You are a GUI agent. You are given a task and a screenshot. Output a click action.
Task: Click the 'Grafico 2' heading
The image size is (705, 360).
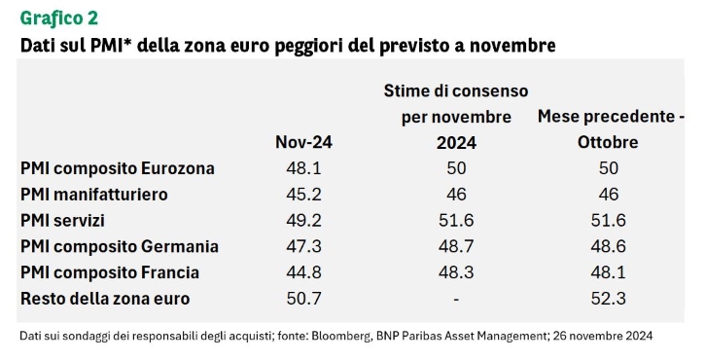59,18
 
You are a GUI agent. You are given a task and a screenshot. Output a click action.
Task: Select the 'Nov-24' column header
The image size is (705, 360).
303,142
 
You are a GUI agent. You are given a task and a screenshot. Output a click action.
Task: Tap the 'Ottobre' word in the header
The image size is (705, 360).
608,142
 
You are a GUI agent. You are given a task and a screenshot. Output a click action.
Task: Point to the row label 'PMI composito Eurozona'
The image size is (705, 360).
118,168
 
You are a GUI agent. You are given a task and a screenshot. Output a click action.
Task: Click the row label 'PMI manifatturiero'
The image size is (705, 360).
94,195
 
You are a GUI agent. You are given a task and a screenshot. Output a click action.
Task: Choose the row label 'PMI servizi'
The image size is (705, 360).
62,221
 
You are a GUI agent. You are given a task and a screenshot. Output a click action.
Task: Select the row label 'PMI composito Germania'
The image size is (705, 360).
120,246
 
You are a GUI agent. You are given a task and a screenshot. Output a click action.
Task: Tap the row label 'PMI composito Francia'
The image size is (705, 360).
110,272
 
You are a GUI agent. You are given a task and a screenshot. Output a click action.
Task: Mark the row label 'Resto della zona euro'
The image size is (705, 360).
105,299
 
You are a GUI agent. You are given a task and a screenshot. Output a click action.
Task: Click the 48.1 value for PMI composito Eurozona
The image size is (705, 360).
303,168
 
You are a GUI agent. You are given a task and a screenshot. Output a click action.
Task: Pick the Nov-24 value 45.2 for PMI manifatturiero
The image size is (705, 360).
303,195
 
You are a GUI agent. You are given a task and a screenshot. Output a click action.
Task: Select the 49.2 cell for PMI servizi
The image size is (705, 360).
303,221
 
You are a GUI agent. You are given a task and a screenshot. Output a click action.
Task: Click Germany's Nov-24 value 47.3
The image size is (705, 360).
303,246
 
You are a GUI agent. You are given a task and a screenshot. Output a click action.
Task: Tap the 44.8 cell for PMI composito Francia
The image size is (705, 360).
303,272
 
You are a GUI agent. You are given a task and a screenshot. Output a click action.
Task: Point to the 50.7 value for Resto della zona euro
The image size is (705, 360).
303,299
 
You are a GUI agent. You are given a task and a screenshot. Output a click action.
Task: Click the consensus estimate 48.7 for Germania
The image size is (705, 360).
456,246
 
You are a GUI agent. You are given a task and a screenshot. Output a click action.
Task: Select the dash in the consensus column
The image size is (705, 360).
456,300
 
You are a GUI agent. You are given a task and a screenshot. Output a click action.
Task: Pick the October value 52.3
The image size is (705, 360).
609,299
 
